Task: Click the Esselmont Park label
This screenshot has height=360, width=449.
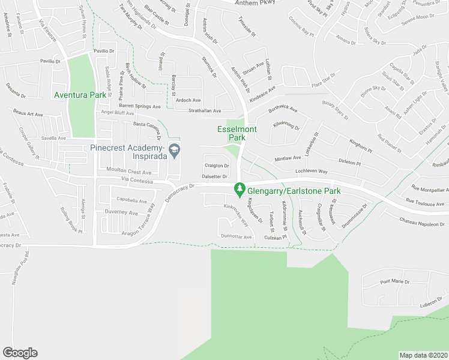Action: [231, 133]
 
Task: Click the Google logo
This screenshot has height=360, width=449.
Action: [20, 353]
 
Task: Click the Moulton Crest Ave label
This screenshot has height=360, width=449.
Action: [129, 172]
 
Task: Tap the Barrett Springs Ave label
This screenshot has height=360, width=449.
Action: [139, 106]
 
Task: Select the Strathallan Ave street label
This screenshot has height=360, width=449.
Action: [205, 111]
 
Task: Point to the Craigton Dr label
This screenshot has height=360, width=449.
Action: [217, 166]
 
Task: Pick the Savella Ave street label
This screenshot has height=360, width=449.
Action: [53, 138]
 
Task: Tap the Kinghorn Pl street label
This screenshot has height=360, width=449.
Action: [361, 145]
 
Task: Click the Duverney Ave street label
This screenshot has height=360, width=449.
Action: [122, 212]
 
